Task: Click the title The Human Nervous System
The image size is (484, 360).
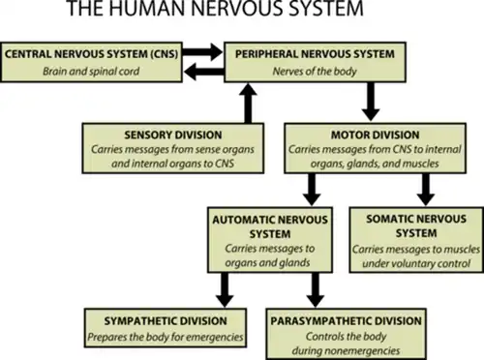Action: click(x=216, y=8)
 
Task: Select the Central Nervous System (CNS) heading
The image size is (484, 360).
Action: click(x=91, y=54)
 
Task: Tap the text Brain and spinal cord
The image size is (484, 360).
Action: click(x=91, y=71)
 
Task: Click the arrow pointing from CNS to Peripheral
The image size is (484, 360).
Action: click(x=202, y=51)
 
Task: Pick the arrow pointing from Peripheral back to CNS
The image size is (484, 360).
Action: click(x=204, y=72)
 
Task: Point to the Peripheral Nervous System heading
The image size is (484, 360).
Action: click(x=315, y=54)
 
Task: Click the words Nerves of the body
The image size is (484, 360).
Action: click(x=315, y=71)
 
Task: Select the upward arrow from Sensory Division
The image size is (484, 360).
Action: click(x=248, y=104)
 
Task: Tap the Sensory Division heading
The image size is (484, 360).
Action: click(x=173, y=135)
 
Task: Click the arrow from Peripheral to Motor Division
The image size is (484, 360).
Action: click(x=371, y=102)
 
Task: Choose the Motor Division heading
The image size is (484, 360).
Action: click(x=376, y=135)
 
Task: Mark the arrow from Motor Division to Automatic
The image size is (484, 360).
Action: click(x=312, y=190)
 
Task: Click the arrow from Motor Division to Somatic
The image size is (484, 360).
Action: click(x=426, y=190)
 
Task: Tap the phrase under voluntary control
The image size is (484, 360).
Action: click(x=416, y=263)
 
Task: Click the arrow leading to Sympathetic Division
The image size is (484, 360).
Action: click(x=225, y=290)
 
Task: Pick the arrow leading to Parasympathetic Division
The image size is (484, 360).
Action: click(x=315, y=290)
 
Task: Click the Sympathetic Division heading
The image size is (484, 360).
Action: click(x=166, y=321)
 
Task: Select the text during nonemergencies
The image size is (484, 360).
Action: click(x=346, y=350)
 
